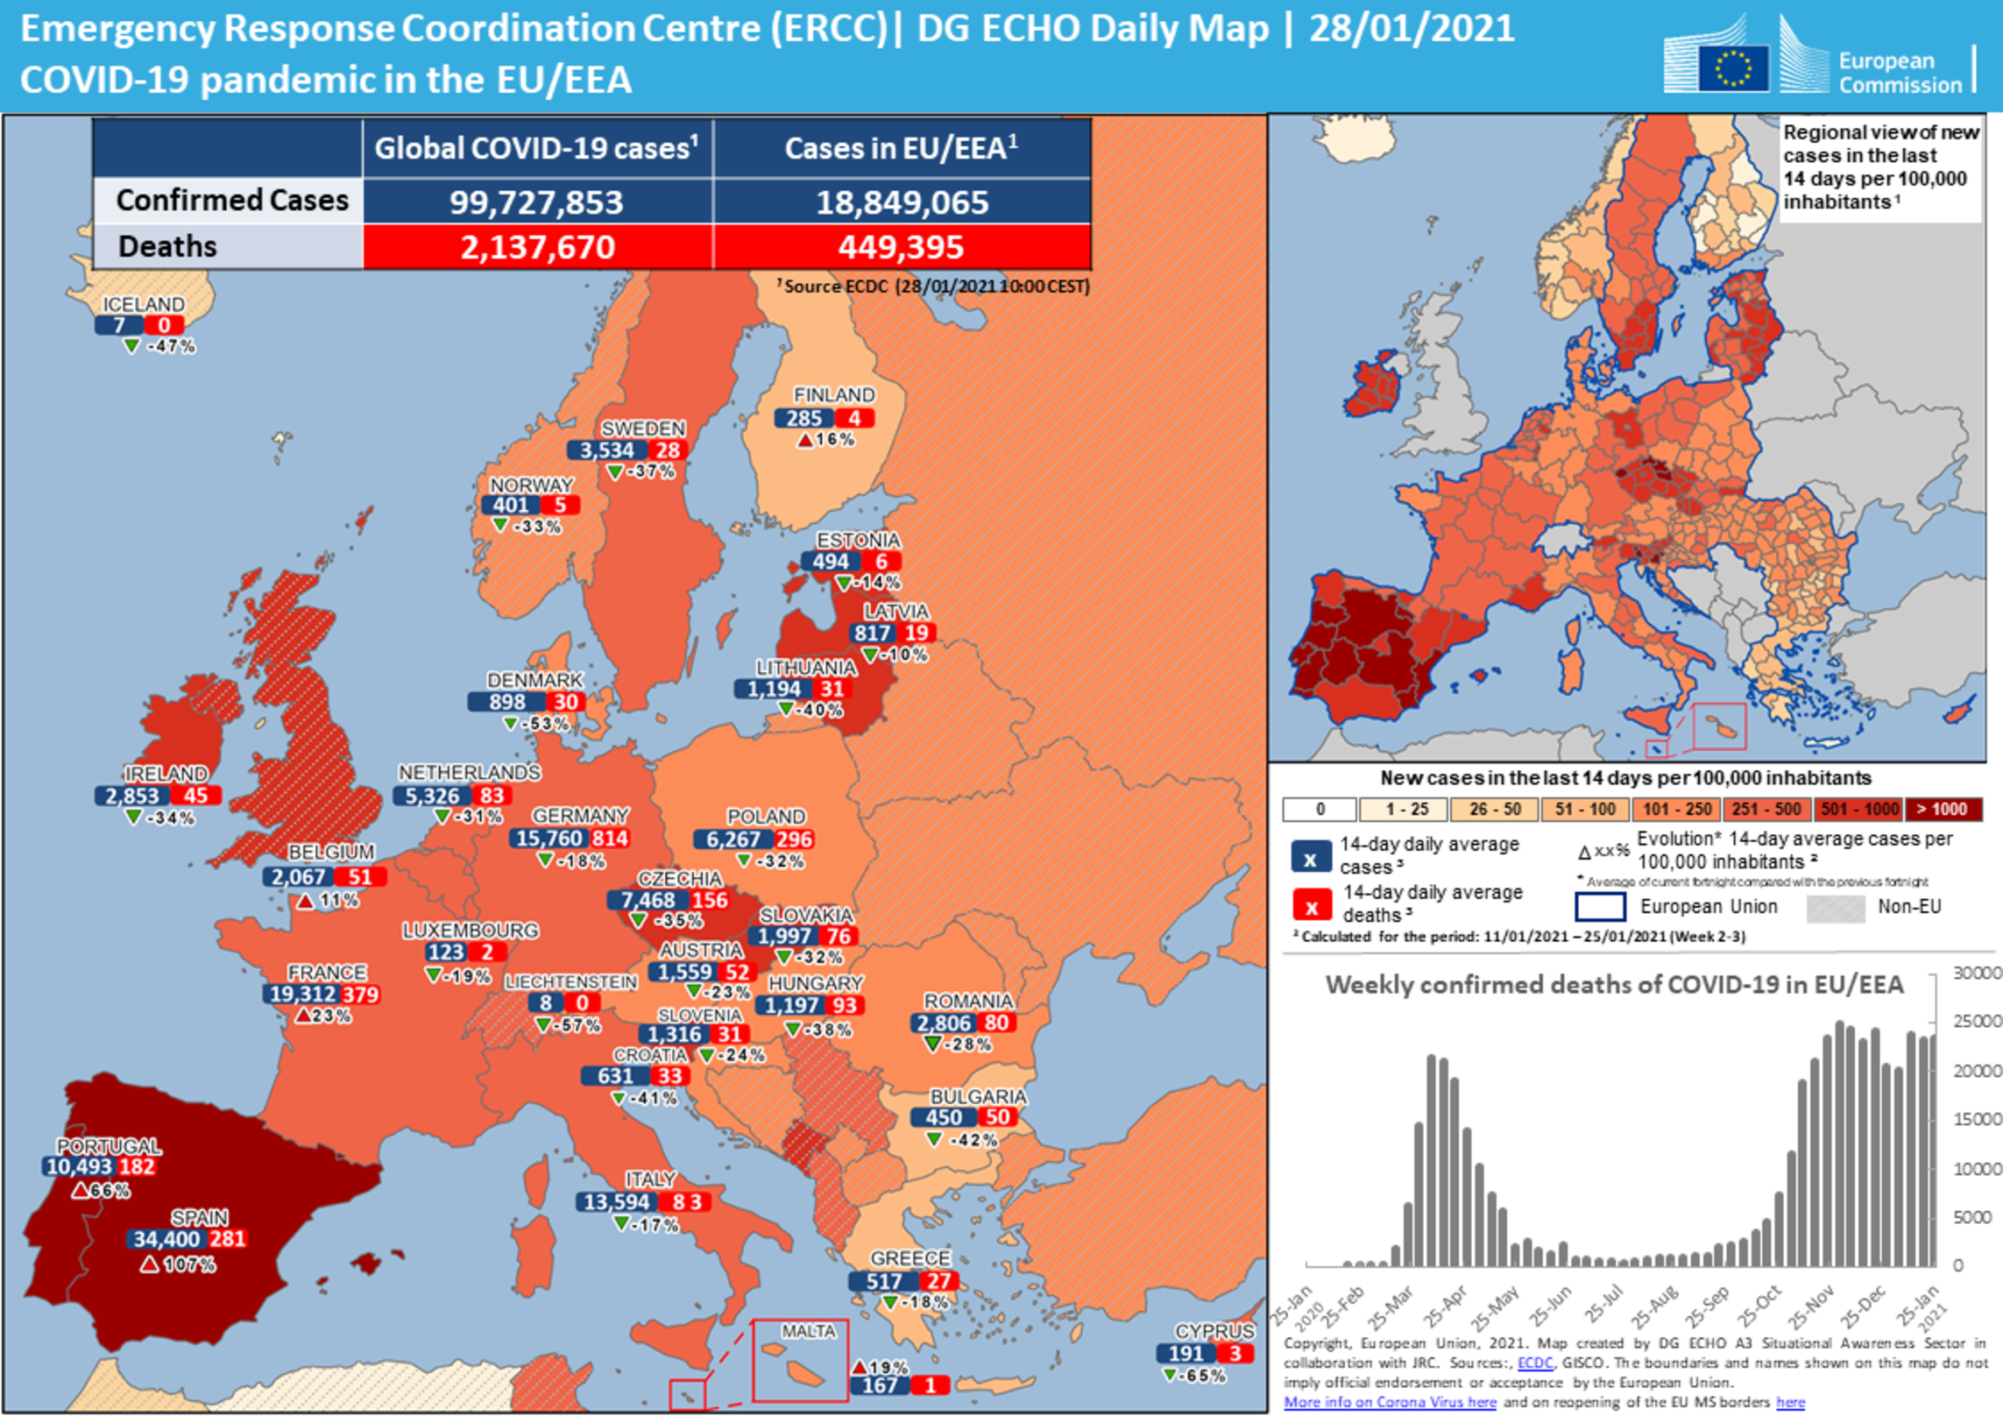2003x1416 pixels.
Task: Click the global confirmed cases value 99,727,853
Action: tap(535, 202)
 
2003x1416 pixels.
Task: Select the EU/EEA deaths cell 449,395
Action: tap(901, 247)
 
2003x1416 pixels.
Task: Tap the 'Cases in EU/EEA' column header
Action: tap(901, 148)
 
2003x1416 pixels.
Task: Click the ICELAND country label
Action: tap(144, 304)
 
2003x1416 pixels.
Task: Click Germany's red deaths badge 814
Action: tap(610, 839)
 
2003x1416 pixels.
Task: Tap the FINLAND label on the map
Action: tap(833, 395)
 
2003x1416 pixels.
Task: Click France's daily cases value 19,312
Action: tap(302, 994)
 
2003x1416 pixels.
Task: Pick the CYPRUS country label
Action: tap(1214, 1331)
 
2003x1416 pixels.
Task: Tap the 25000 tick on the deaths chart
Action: tap(1977, 1022)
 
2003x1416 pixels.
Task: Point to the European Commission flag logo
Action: tap(1732, 68)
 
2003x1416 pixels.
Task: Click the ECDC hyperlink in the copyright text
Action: tap(1534, 1363)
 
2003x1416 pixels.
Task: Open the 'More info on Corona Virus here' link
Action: tap(1390, 1402)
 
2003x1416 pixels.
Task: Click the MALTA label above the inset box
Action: tap(808, 1331)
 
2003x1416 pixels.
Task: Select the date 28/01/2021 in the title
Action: tap(1412, 29)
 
